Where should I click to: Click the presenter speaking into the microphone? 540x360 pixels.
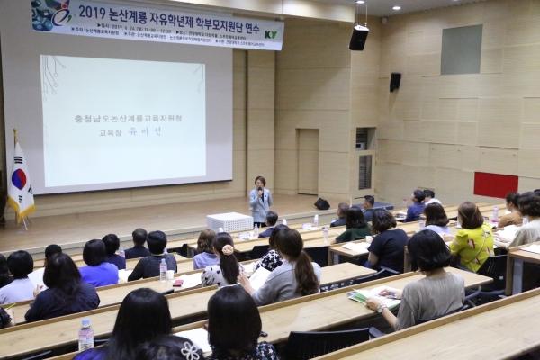260,200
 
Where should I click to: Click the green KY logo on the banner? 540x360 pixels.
270,34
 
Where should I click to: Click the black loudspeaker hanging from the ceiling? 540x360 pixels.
359,37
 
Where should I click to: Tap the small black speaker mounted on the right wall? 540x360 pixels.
395,82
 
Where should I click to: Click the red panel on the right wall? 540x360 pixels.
496,184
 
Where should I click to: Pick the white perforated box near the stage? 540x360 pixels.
229,221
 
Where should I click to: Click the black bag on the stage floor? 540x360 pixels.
321,204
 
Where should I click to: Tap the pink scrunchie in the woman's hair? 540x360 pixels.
228,249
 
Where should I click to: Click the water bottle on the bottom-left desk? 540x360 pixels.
85,335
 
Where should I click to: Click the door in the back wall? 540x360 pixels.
308,162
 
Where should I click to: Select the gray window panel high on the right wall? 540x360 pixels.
461,49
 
